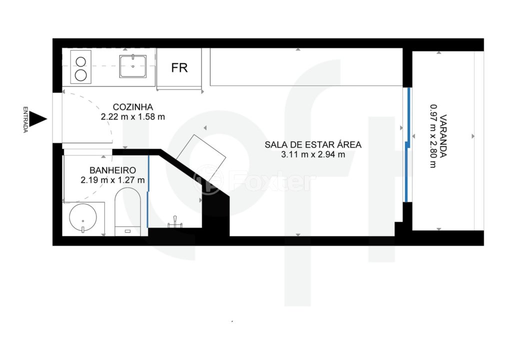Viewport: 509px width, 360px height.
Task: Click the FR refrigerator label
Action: coord(179,68)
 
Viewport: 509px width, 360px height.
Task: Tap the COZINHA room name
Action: coord(133,107)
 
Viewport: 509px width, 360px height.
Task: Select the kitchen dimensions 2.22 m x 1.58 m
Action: coord(133,117)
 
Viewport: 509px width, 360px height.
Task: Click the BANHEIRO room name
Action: coord(112,170)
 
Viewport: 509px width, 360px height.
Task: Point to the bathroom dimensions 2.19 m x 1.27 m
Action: coord(112,180)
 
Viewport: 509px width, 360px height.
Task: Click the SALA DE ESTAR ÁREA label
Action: coord(313,145)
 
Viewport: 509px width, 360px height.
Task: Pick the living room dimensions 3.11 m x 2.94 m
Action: coord(313,154)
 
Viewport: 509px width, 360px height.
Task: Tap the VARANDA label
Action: coord(443,136)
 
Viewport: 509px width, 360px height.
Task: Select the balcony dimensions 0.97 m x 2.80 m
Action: coord(433,136)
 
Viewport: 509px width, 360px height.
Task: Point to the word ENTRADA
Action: coord(25,119)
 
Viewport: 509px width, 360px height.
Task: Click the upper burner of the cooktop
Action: coord(80,61)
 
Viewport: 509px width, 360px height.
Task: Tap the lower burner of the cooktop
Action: coord(80,75)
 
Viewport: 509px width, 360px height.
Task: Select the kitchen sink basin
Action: coord(133,66)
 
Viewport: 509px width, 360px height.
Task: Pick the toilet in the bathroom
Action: coord(128,211)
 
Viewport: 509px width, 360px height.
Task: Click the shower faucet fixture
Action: coord(175,222)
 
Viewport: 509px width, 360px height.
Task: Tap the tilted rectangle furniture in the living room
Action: coord(201,158)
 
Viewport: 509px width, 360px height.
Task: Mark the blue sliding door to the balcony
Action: coord(407,144)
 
